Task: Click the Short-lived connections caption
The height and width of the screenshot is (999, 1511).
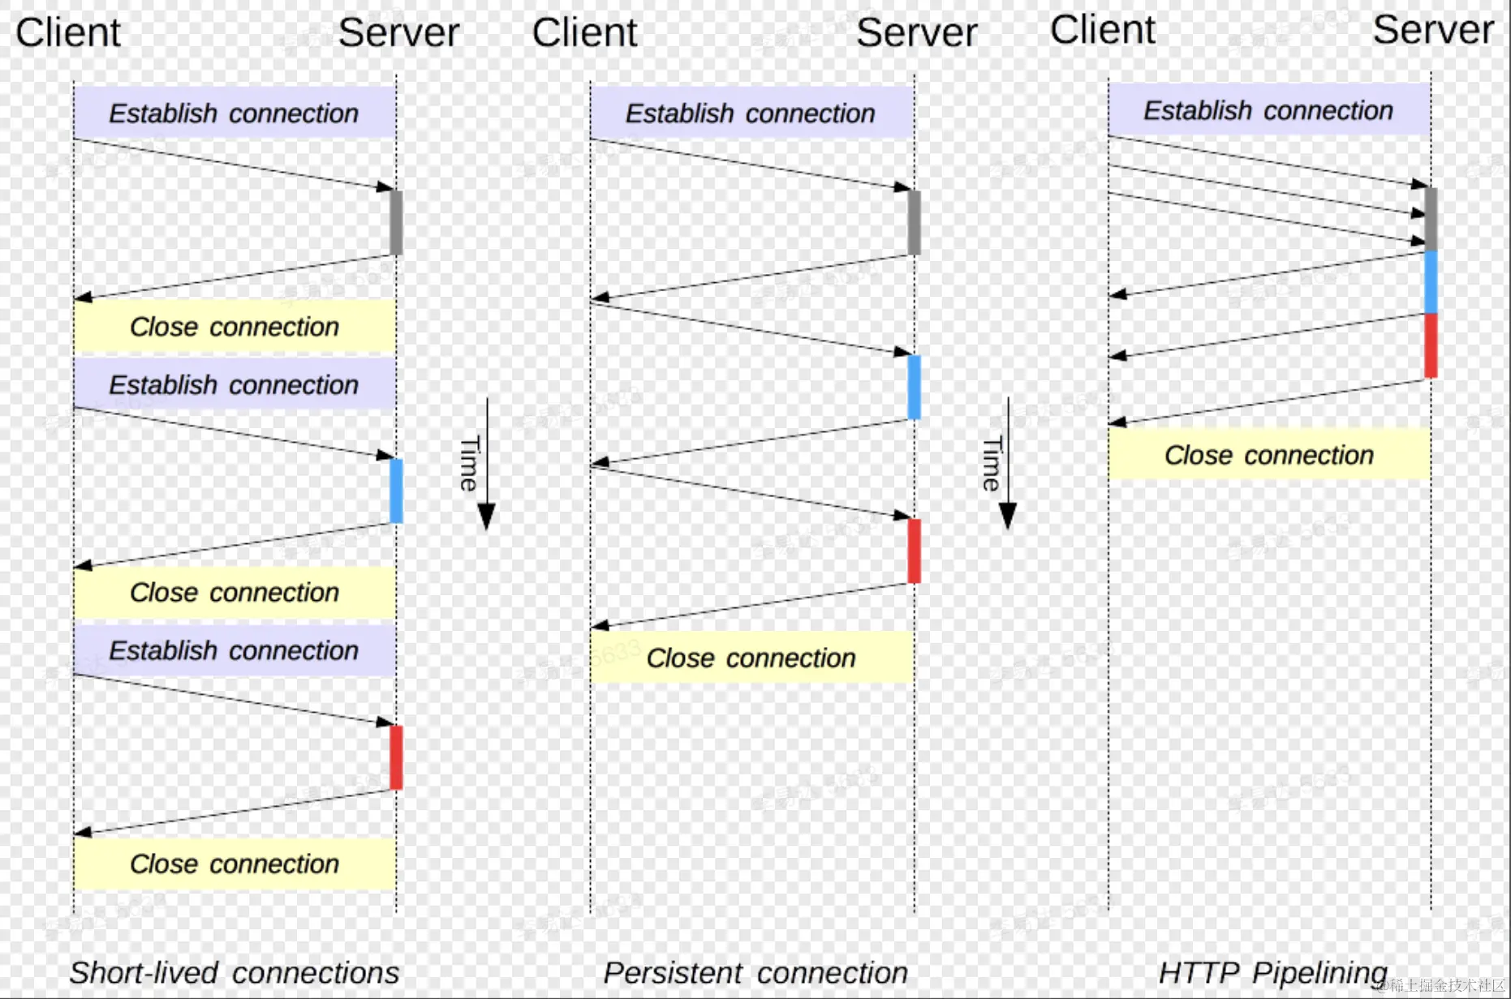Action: (234, 972)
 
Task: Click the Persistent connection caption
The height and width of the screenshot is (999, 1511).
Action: (755, 972)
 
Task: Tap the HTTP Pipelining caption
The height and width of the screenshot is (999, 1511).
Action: (1272, 971)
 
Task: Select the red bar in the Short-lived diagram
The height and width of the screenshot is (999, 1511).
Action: (396, 757)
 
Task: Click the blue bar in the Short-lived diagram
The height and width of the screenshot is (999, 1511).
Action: (396, 491)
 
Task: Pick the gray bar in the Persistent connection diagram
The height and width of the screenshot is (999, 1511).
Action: (914, 222)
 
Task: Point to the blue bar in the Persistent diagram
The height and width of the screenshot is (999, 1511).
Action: (914, 387)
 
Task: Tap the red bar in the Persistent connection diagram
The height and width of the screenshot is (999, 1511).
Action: (914, 551)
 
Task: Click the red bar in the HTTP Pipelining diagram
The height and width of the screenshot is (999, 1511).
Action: (1431, 345)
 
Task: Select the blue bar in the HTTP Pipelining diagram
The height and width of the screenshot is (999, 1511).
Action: (1431, 281)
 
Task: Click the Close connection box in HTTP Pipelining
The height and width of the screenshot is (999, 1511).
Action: (1268, 455)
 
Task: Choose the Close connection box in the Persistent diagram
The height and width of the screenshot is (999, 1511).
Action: (751, 658)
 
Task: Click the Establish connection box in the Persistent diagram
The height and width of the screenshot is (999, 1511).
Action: (751, 113)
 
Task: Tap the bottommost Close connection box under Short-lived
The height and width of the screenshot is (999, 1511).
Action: (234, 864)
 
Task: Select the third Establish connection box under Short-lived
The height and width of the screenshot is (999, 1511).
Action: (234, 650)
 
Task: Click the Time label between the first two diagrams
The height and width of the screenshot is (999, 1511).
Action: (470, 463)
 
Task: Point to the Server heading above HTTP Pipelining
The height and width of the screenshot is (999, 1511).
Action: (1432, 30)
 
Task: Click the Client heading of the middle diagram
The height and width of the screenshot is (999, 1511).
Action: (584, 33)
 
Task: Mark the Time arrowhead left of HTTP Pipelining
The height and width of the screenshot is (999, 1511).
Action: (1008, 516)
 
